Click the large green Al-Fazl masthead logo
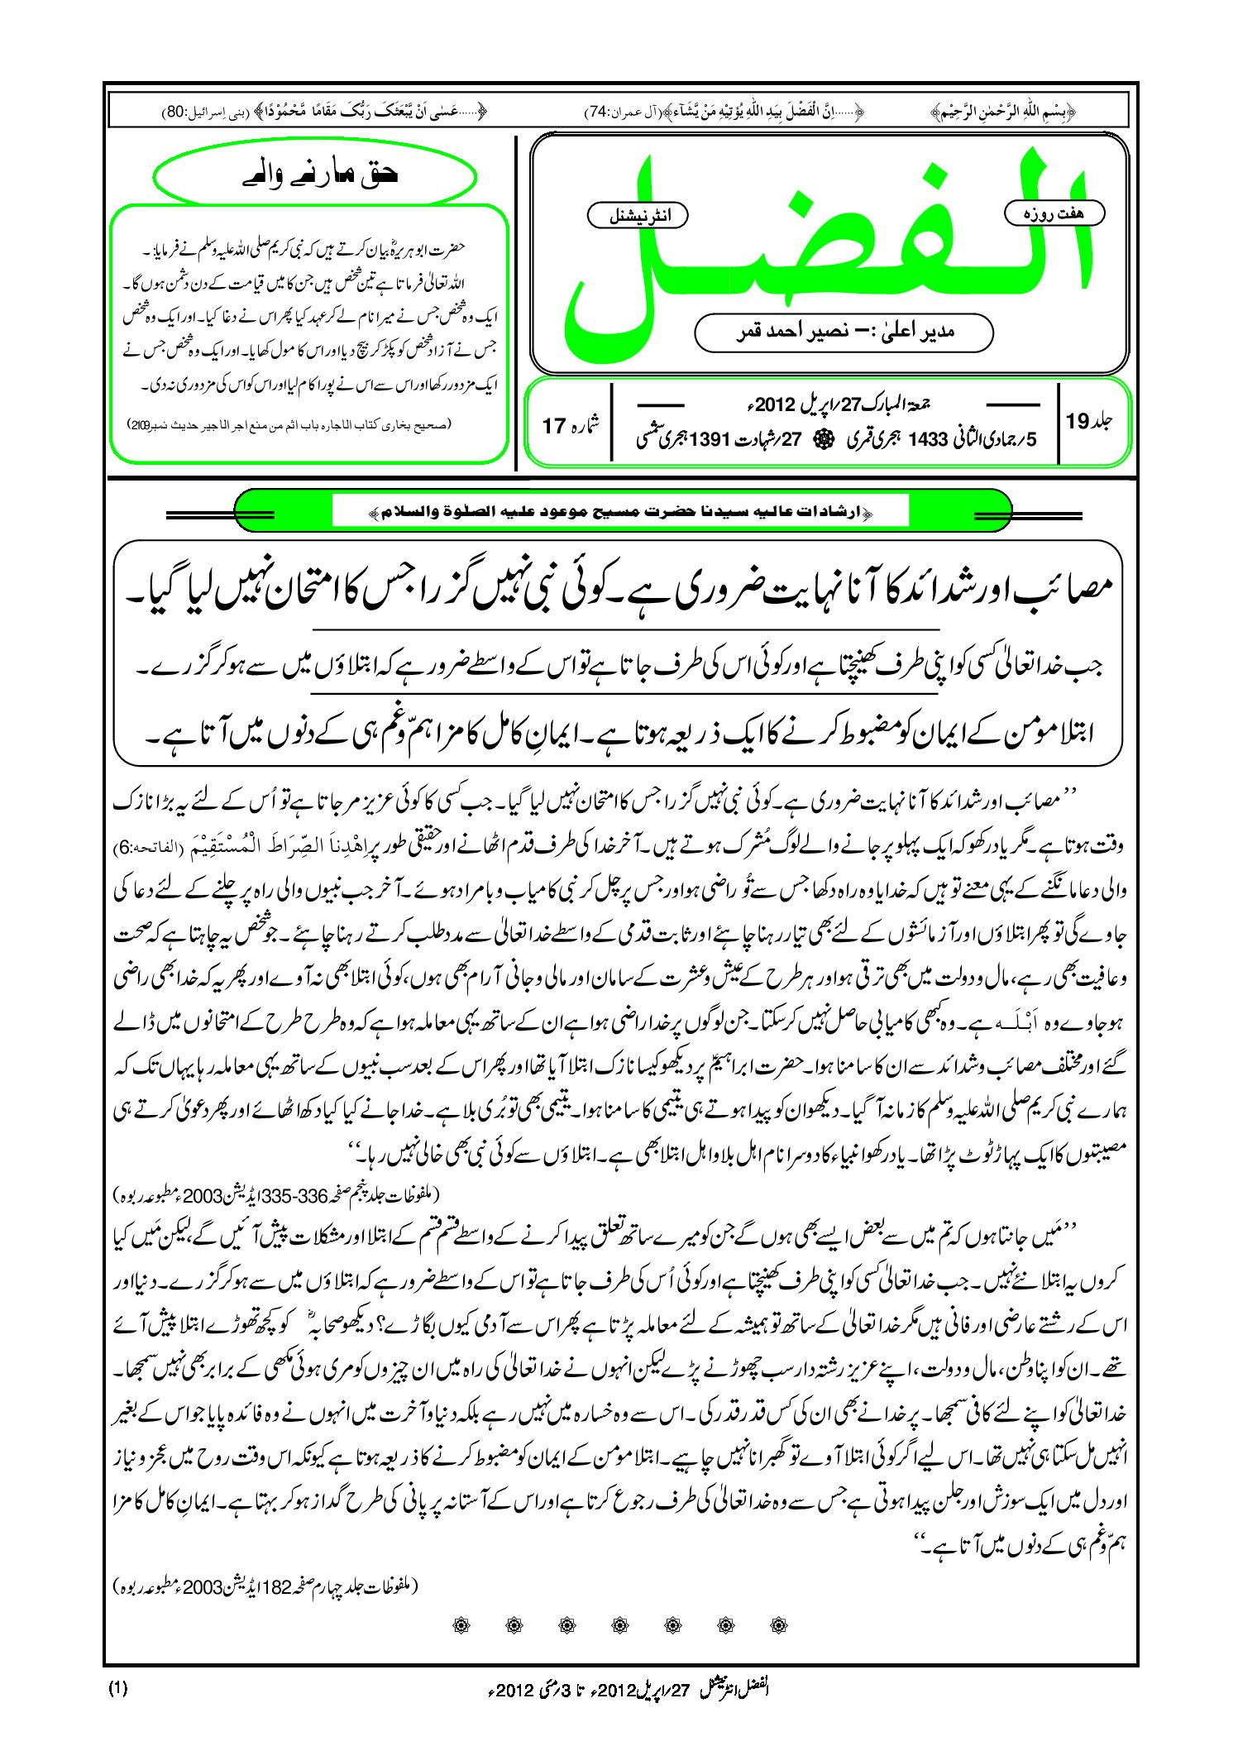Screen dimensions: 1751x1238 click(827, 248)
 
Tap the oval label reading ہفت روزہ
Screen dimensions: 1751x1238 click(1054, 213)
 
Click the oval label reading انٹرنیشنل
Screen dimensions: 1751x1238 click(637, 216)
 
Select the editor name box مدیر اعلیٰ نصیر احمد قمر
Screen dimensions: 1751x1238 click(843, 332)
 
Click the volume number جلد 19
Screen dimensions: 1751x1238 click(1088, 421)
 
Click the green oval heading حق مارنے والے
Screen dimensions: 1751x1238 click(315, 175)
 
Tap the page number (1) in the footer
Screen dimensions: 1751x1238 click(117, 1689)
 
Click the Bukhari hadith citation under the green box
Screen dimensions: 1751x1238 click(289, 424)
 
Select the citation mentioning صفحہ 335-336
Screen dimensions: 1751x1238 click(277, 1196)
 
